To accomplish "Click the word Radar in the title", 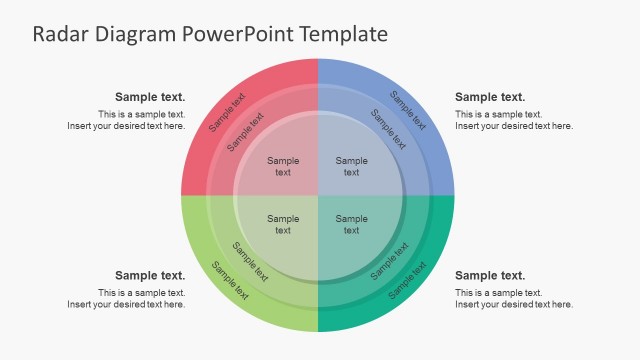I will click(62, 34).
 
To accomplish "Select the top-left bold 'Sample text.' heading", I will click(150, 97).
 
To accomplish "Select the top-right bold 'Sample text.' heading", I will click(490, 97).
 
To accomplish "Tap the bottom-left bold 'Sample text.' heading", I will click(150, 275).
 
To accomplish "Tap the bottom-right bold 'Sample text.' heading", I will click(490, 275).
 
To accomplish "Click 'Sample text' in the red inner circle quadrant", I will click(283, 166).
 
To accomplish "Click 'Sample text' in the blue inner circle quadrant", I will click(351, 166).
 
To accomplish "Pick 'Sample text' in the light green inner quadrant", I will click(283, 224).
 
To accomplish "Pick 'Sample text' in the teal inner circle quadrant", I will click(351, 224).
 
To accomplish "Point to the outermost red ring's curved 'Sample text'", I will click(227, 113).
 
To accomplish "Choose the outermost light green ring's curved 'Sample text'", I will click(229, 280).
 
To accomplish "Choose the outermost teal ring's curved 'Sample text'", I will click(407, 280).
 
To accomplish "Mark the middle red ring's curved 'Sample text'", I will click(246, 131).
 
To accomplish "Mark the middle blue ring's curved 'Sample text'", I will click(389, 129).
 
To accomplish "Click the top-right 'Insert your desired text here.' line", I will click(514, 126).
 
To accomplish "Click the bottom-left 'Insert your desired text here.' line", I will click(126, 304).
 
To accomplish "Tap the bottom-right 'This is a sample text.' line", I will click(499, 292).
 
